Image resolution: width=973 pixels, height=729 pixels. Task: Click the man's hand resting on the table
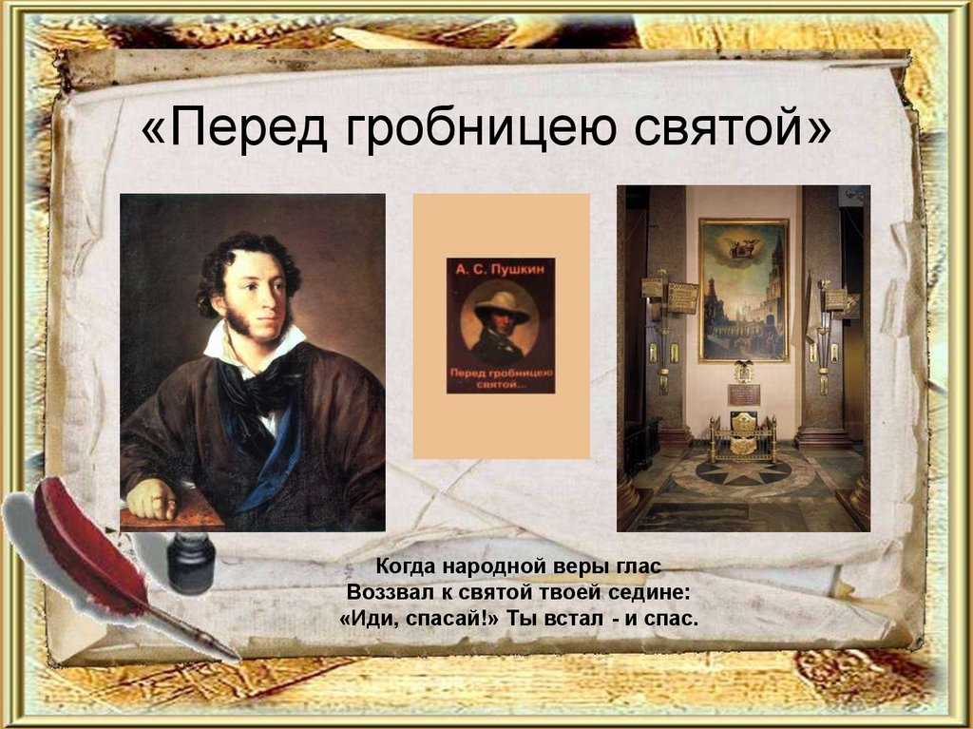152,499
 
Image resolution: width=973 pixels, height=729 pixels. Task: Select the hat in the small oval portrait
502,306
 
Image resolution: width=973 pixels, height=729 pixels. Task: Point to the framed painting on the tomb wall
744,290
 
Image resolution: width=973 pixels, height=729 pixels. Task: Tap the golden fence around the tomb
743,442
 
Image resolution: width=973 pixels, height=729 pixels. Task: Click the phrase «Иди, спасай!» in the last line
405,618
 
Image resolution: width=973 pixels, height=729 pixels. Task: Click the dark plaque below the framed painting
744,393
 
